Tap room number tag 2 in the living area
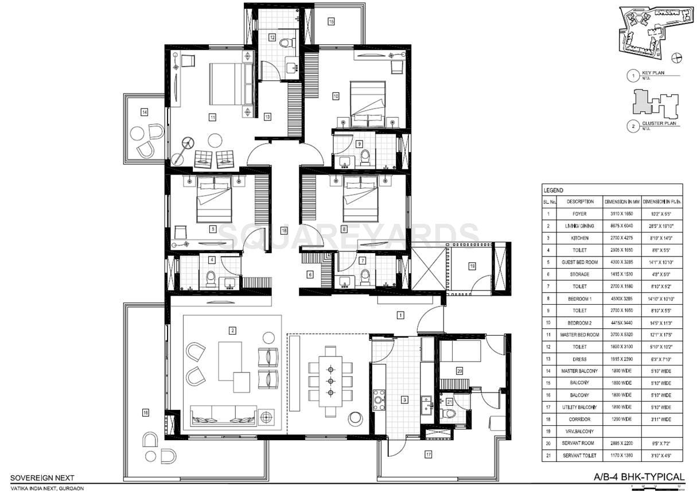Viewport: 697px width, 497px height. [x=232, y=330]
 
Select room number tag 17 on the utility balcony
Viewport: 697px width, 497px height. [x=428, y=455]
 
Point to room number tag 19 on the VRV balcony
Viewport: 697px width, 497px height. [x=472, y=266]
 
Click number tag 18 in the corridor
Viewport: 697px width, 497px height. [x=283, y=230]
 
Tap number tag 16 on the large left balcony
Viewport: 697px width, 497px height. [x=146, y=412]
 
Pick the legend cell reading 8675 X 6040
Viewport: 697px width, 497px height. [x=621, y=226]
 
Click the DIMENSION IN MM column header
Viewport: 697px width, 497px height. [x=621, y=202]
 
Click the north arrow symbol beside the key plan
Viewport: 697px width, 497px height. [x=677, y=56]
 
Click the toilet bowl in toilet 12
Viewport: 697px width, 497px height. [x=287, y=42]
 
